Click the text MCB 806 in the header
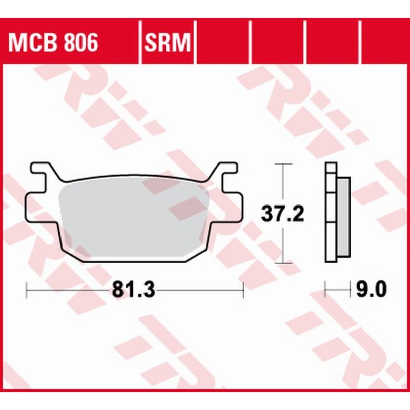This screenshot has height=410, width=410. pyautogui.click(x=53, y=44)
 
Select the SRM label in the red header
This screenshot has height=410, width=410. pyautogui.click(x=168, y=44)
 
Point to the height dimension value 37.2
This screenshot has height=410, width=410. pyautogui.click(x=283, y=214)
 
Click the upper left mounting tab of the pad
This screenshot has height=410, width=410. pyautogui.click(x=41, y=169)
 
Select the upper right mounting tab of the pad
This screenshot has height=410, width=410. pyautogui.click(x=225, y=169)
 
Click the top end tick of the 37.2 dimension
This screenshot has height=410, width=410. pyautogui.click(x=283, y=164)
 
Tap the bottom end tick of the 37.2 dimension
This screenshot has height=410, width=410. pyautogui.click(x=283, y=263)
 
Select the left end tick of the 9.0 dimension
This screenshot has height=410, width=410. pyautogui.click(x=326, y=290)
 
